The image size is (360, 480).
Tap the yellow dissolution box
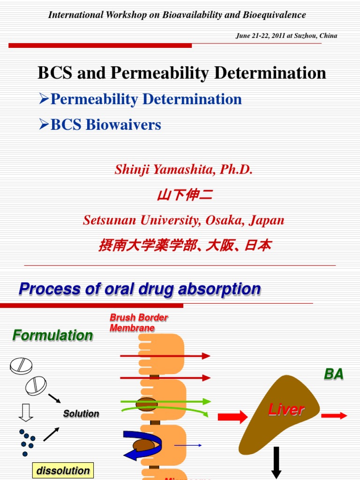[x=63, y=471]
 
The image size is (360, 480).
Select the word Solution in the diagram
[x=81, y=414]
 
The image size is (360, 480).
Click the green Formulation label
[x=52, y=335]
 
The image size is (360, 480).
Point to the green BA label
[x=334, y=374]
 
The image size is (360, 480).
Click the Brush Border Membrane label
[x=138, y=323]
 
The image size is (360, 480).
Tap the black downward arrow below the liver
[x=276, y=462]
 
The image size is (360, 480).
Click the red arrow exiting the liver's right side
[x=334, y=415]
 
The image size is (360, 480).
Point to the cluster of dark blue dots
[x=26, y=442]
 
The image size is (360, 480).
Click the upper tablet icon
[x=22, y=366]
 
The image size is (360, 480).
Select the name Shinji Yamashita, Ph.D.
[x=184, y=170]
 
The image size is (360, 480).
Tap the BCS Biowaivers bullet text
[x=105, y=125]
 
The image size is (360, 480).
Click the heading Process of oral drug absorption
[x=140, y=289]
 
